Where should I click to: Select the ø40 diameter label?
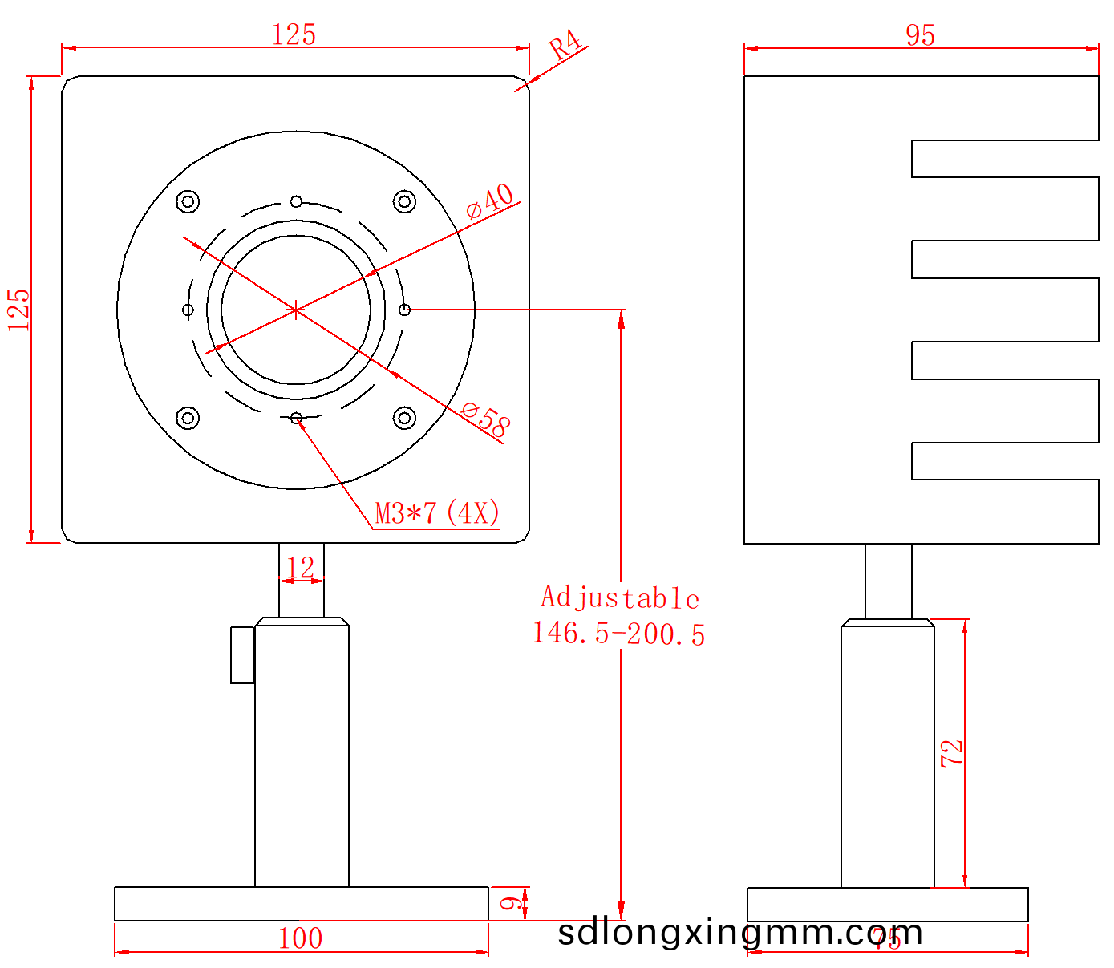[490, 200]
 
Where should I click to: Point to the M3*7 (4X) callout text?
[438, 512]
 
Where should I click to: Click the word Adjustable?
[620, 598]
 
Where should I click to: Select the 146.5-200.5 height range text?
[619, 634]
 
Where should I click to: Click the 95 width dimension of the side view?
[920, 35]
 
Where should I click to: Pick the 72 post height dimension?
[952, 753]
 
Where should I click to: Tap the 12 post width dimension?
[301, 568]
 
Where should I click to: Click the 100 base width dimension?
[300, 938]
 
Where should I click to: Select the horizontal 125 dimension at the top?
[294, 34]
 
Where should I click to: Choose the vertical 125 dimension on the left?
[18, 310]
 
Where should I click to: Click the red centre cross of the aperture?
[296, 310]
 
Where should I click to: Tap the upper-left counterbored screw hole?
[188, 201]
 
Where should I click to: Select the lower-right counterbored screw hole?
[404, 418]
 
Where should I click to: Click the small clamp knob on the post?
[242, 655]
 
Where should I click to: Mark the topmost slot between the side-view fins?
[1004, 159]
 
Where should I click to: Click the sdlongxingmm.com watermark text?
[739, 933]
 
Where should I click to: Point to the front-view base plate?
[301, 904]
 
